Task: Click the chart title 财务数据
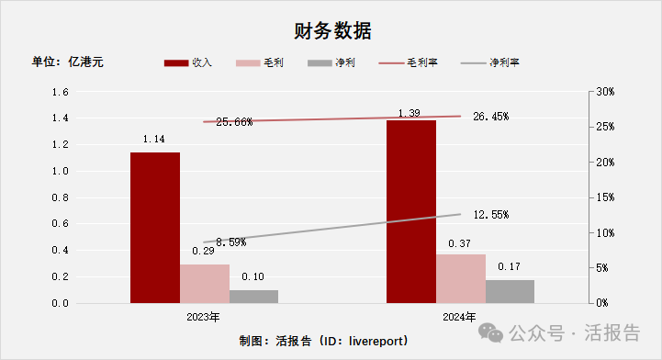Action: [333, 30]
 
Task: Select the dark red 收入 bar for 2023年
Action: [154, 227]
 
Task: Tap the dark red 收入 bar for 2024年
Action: [410, 211]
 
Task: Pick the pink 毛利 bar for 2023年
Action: [204, 283]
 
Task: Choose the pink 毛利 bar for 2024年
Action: [460, 278]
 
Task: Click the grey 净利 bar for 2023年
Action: [253, 296]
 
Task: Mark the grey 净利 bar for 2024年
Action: [510, 291]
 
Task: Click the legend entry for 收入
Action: [188, 62]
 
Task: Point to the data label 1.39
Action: [410, 112]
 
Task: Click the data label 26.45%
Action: [490, 117]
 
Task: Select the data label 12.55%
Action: [490, 214]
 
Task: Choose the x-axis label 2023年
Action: [203, 318]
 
